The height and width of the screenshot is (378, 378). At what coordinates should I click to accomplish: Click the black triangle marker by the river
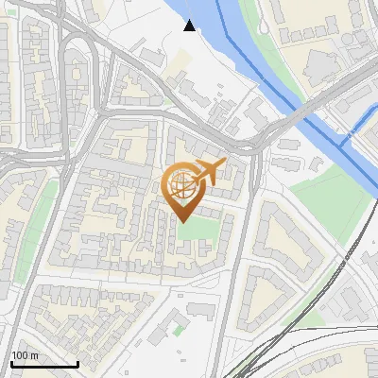tap(190, 26)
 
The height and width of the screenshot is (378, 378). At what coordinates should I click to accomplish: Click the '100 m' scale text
tap(25, 355)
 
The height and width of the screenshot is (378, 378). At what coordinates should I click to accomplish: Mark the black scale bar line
tap(43, 364)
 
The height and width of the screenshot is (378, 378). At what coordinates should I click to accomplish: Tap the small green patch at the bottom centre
tap(177, 331)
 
